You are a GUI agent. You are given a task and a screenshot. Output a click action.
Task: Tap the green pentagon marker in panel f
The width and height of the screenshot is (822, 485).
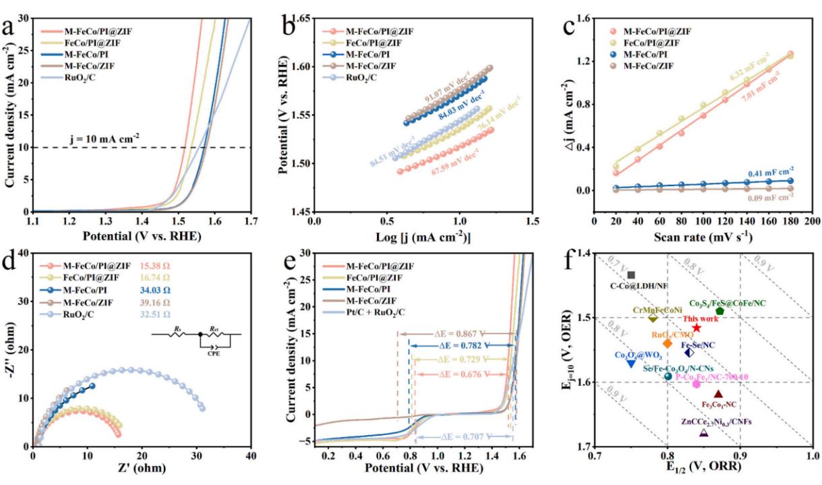coord(720,311)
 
